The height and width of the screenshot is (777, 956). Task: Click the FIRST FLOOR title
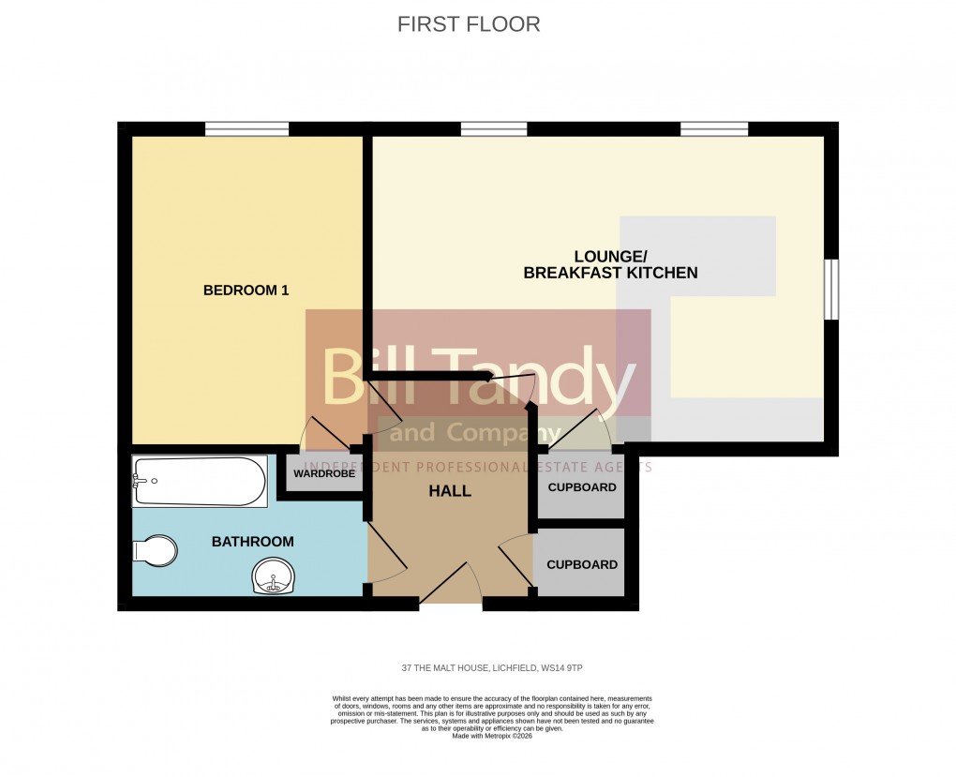point(469,24)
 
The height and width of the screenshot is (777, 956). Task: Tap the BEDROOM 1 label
point(246,291)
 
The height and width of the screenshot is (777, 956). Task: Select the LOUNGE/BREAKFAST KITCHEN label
point(610,264)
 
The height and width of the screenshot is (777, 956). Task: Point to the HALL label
point(450,491)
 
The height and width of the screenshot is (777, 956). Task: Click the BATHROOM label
point(252,542)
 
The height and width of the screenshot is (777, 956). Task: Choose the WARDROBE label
point(324,474)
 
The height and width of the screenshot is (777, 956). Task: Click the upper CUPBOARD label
point(582,487)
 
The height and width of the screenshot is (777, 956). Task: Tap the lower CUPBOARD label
point(582,564)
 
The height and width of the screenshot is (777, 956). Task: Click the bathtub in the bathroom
point(199,481)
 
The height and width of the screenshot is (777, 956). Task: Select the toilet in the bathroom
point(155,550)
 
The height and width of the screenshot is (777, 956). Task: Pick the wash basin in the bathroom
point(273,575)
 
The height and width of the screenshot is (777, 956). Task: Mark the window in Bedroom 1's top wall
point(246,129)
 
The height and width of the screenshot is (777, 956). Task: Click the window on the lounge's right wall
point(830,290)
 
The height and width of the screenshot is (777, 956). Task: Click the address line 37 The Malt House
point(492,668)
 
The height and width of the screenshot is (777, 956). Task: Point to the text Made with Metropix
point(492,736)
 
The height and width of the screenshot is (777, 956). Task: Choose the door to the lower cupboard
point(515,562)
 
